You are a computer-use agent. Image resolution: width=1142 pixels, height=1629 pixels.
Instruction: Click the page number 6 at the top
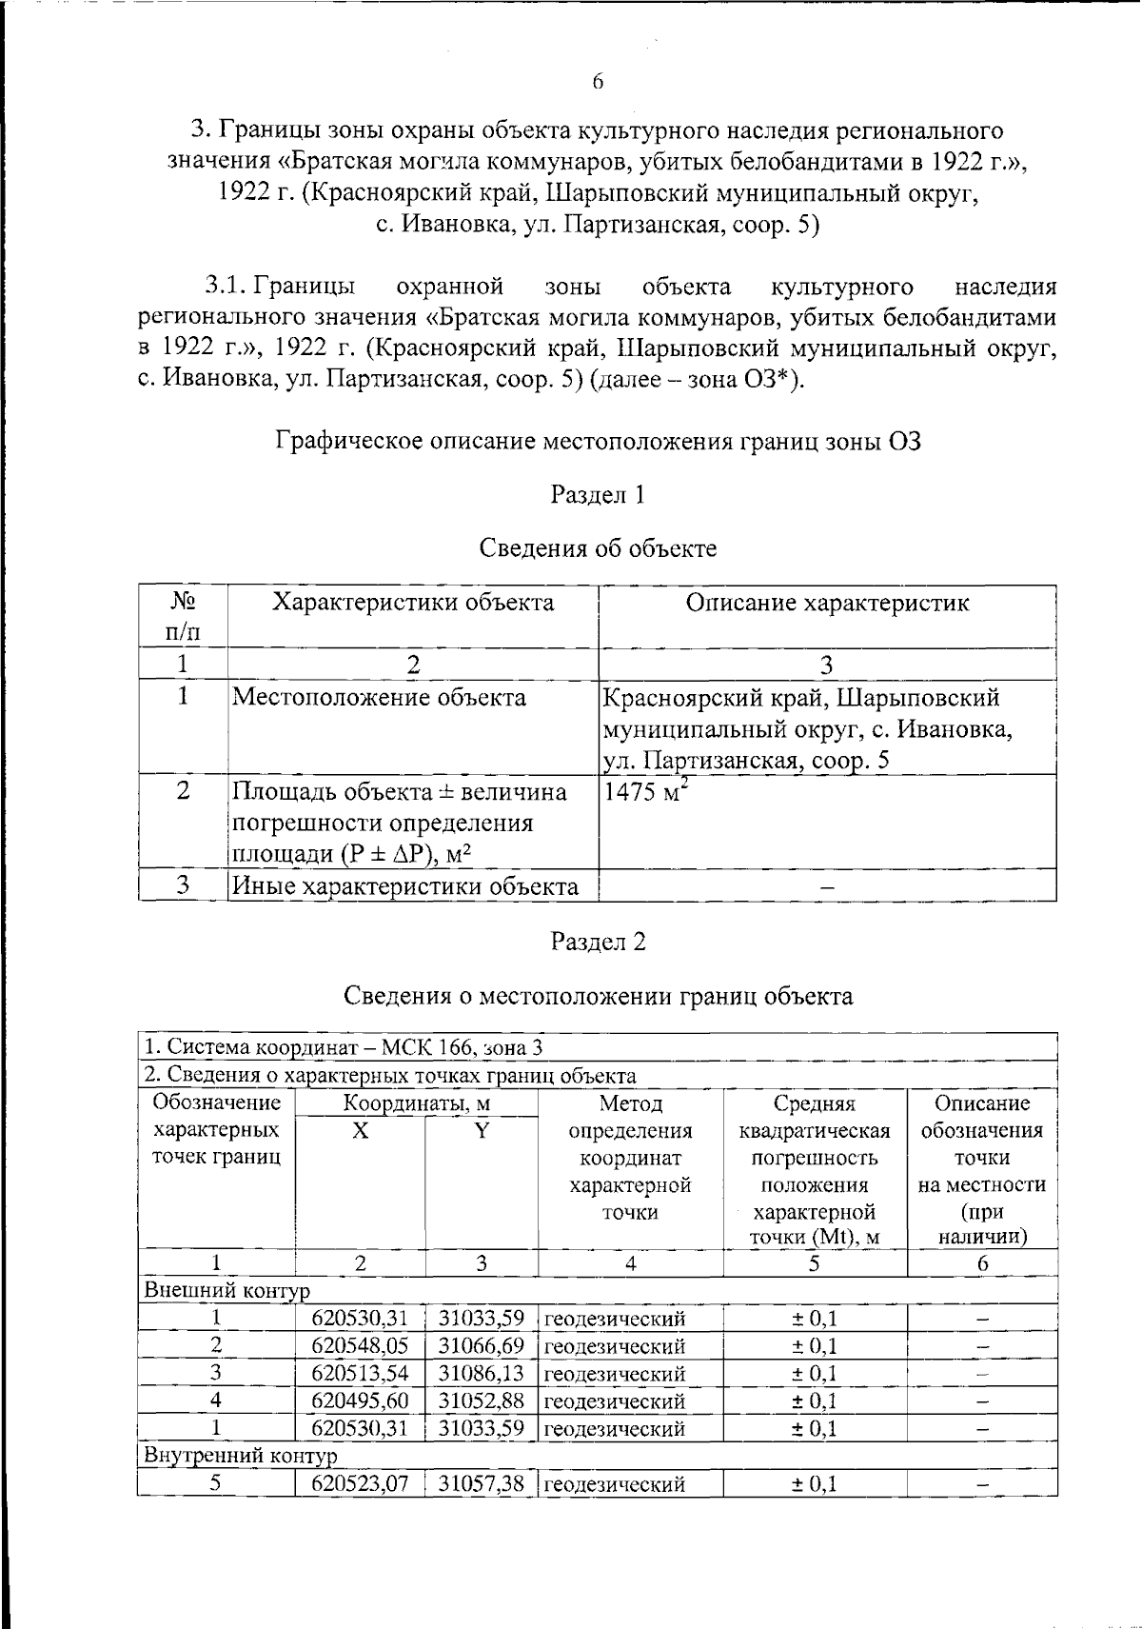598,82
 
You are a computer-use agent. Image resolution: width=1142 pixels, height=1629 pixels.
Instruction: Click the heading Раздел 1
598,494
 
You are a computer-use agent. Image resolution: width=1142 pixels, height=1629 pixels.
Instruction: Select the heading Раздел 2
598,942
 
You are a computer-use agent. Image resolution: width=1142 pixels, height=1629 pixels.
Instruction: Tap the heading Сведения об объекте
598,548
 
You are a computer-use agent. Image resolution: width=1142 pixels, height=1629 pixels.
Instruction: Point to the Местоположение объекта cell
380,698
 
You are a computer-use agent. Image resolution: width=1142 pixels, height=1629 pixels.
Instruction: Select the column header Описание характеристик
827,603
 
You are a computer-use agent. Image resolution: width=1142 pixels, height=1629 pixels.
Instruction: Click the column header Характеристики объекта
413,603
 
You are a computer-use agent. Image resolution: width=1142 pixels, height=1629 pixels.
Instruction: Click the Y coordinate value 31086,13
482,1374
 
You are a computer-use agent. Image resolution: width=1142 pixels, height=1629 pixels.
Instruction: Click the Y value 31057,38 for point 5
482,1484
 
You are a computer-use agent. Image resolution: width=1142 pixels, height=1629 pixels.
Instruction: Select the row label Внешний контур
227,1291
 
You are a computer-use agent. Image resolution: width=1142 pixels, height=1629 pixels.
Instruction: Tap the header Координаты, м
416,1104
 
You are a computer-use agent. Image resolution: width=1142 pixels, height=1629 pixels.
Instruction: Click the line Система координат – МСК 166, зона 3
344,1047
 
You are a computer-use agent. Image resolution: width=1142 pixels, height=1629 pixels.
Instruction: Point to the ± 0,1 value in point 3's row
815,1374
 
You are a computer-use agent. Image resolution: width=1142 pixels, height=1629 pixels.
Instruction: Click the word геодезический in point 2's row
615,1346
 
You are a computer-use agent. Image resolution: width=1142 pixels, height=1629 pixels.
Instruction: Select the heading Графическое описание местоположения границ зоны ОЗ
598,441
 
